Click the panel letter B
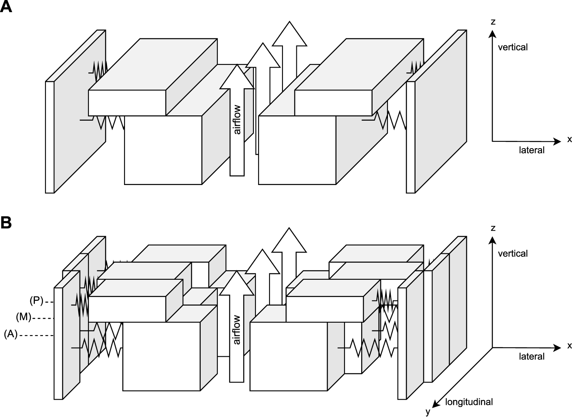[x=6, y=222]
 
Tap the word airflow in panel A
[x=237, y=119]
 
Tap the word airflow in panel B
[x=237, y=330]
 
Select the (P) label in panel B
[x=36, y=301]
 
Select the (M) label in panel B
[x=24, y=317]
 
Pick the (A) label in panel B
[x=11, y=335]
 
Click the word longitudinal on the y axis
[x=469, y=402]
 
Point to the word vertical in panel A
[x=512, y=47]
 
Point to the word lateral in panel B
[x=531, y=356]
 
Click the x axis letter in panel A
[x=569, y=140]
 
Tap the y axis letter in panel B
[x=428, y=412]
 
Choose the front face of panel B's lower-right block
[x=288, y=356]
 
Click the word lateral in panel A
[x=531, y=150]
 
